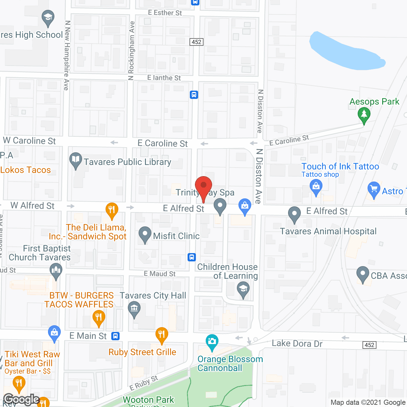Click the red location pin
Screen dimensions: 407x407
pos(203,186)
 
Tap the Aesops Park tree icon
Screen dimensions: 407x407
pos(364,115)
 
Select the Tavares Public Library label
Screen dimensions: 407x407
pos(128,162)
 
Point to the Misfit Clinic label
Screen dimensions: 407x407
pos(176,236)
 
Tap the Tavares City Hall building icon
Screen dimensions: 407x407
pos(134,308)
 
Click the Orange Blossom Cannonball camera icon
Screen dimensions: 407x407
pos(212,342)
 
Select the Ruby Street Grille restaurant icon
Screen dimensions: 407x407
pos(162,335)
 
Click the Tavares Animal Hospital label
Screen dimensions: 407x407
pos(328,231)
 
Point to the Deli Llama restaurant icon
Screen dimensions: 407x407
pos(112,210)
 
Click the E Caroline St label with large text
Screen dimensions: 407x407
pos(162,143)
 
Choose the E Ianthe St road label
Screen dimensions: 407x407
pos(164,78)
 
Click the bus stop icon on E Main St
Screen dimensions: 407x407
pos(115,336)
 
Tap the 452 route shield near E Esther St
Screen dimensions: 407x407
pos(197,42)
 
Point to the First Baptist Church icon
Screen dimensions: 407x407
pos(56,271)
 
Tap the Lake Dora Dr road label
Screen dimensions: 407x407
pos(297,343)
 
